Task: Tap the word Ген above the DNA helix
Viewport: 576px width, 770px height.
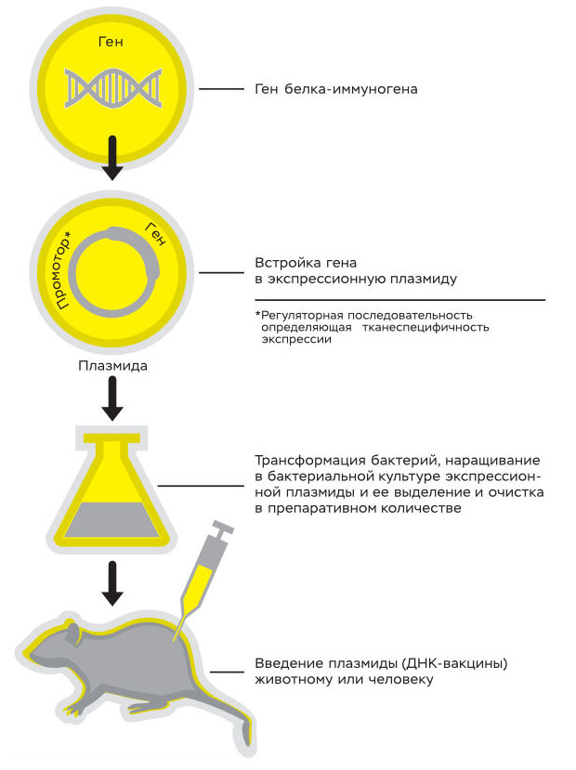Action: pyautogui.click(x=111, y=43)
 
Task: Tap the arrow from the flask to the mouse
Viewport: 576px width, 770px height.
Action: pyautogui.click(x=111, y=581)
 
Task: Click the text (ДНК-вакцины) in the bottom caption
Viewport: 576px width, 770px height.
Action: pyautogui.click(x=446, y=665)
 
